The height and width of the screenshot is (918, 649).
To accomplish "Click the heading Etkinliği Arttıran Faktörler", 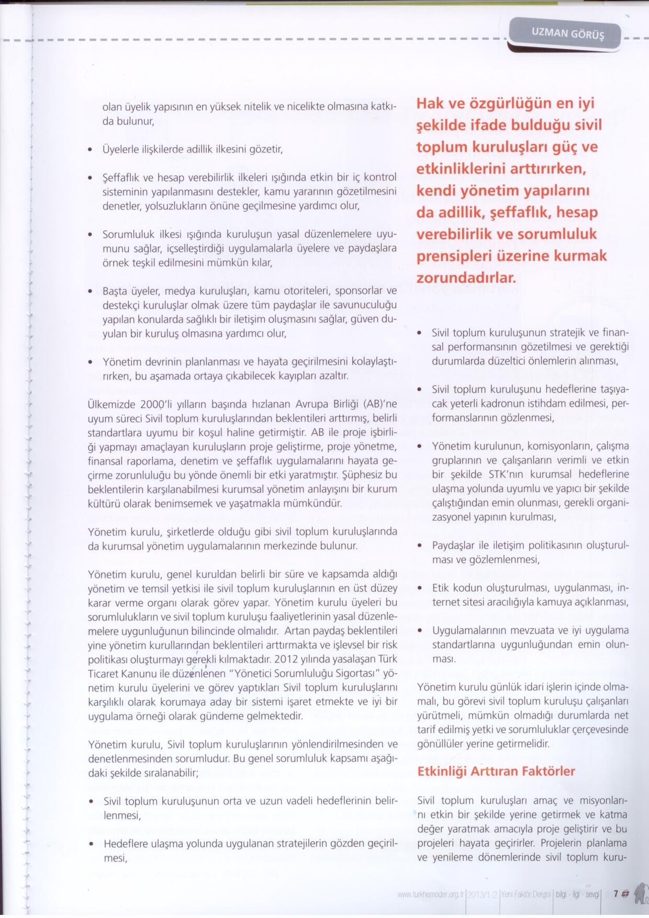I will coord(496,771).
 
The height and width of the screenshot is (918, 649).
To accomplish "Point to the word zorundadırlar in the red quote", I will coord(466,277).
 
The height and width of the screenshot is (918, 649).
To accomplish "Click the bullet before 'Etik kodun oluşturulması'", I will coord(420,589).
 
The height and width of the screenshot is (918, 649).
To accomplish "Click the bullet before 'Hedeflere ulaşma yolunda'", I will coord(92,845).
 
